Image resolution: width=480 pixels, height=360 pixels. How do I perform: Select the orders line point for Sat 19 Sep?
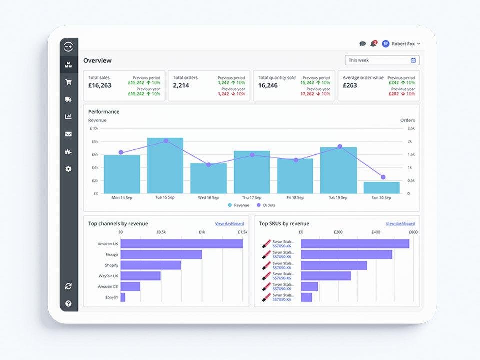click(340, 147)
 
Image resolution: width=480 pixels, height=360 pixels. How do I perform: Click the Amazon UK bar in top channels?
click(181, 243)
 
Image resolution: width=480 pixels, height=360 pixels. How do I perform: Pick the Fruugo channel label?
click(111, 254)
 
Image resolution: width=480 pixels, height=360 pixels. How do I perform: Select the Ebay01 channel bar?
click(123, 297)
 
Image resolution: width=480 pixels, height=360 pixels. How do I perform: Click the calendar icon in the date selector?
click(413, 60)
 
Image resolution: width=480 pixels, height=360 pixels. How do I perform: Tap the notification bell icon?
click(374, 44)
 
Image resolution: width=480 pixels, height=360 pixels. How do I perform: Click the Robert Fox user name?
click(403, 44)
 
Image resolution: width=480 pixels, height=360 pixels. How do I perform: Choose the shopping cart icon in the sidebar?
click(68, 82)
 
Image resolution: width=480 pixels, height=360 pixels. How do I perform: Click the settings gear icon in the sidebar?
click(68, 169)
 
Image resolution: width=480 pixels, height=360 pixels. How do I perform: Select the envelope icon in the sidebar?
click(68, 134)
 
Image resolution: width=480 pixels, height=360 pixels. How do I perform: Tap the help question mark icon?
click(68, 303)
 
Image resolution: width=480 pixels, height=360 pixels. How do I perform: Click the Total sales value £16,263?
click(100, 85)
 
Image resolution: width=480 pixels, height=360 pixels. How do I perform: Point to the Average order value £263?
click(350, 85)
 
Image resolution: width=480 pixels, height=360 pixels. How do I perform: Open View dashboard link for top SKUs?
click(400, 224)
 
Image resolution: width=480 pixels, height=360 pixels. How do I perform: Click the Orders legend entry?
click(266, 205)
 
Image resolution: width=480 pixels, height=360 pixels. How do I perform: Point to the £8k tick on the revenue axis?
click(95, 141)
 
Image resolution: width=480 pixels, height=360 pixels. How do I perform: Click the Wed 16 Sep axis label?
click(208, 197)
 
